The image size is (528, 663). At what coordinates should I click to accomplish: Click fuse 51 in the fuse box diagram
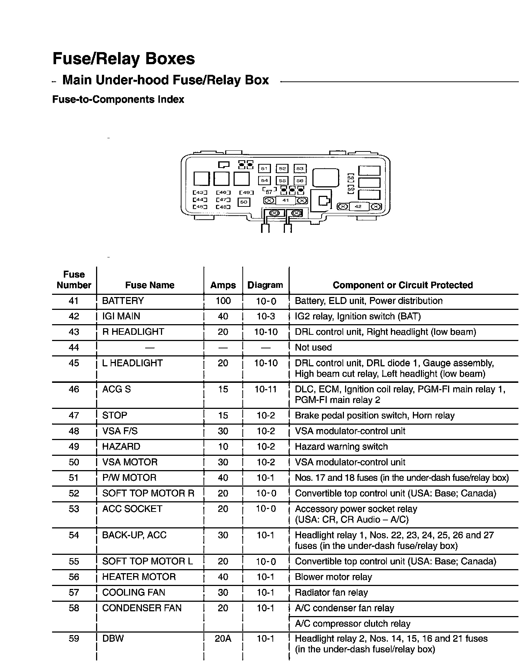pyautogui.click(x=264, y=168)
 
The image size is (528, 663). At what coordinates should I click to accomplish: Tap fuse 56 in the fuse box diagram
pyautogui.click(x=300, y=180)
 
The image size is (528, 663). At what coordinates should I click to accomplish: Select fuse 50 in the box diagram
pyautogui.click(x=244, y=202)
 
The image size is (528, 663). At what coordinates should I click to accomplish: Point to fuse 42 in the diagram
pyautogui.click(x=359, y=206)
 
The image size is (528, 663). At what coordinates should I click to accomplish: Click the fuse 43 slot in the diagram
pyautogui.click(x=200, y=193)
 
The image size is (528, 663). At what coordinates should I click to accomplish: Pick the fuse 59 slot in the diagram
pyautogui.click(x=351, y=189)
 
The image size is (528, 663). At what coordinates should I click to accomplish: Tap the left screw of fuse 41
pyautogui.click(x=269, y=201)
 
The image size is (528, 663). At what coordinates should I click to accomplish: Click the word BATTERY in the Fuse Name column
pyautogui.click(x=123, y=301)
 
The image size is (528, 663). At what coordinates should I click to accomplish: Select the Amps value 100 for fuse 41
pyautogui.click(x=223, y=301)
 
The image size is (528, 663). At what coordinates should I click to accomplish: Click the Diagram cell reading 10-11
pyautogui.click(x=265, y=389)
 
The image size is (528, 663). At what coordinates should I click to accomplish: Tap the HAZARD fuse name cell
pyautogui.click(x=121, y=447)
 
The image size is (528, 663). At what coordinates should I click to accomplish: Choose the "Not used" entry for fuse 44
pyautogui.click(x=313, y=348)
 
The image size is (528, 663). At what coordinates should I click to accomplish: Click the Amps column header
pyautogui.click(x=223, y=285)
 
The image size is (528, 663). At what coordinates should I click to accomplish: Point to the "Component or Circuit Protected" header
pyautogui.click(x=403, y=285)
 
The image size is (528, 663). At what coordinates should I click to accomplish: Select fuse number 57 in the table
pyautogui.click(x=74, y=593)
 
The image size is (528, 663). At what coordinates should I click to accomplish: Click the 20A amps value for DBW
pyautogui.click(x=223, y=639)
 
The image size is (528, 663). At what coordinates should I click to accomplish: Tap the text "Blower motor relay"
pyautogui.click(x=333, y=577)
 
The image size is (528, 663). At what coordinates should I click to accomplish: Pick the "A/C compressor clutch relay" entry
pyautogui.click(x=352, y=624)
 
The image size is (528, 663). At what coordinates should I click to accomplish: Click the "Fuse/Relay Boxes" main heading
pyautogui.click(x=124, y=59)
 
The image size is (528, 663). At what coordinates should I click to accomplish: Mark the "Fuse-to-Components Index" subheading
pyautogui.click(x=118, y=100)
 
